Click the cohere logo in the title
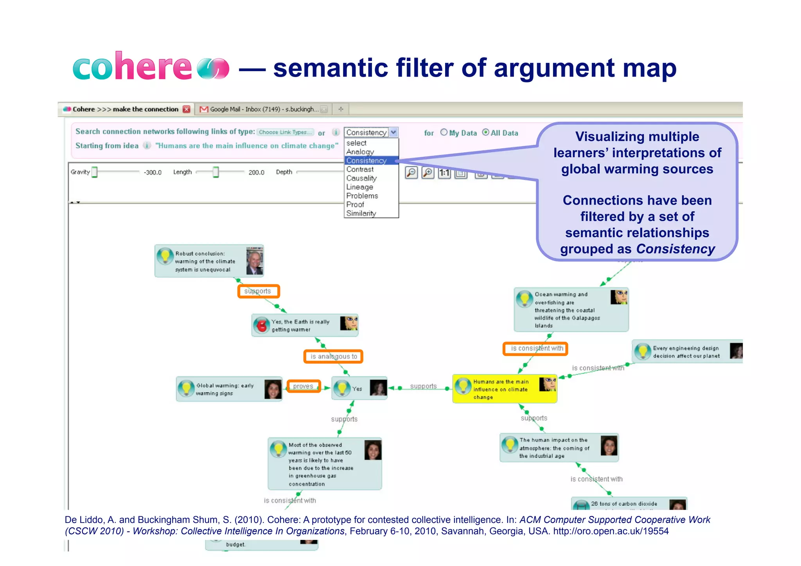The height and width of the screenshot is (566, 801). coord(151,66)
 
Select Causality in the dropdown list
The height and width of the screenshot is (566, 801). coord(361,178)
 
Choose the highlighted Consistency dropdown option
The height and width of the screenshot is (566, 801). coord(366,161)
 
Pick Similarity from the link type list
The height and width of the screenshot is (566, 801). coord(361,214)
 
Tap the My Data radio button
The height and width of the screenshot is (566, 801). coord(444,132)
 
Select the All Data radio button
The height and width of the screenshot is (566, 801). coord(485,132)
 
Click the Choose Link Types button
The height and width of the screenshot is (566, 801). coord(285,132)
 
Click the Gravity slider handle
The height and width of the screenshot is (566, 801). coord(94,172)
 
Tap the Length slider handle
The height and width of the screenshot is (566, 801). coord(216,172)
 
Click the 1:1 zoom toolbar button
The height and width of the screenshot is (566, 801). coord(444,173)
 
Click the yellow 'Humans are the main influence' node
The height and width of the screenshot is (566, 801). coord(504,389)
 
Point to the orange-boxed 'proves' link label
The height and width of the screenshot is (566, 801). coord(304,386)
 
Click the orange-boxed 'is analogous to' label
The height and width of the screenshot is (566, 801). coord(334,357)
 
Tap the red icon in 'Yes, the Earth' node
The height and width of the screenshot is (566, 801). coord(261,325)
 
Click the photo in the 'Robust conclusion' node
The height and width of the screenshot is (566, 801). coord(255,261)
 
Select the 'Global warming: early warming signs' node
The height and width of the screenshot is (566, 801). coord(229,389)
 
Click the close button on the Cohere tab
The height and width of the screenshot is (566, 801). coord(187,109)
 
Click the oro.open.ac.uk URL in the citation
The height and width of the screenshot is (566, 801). coord(611,531)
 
